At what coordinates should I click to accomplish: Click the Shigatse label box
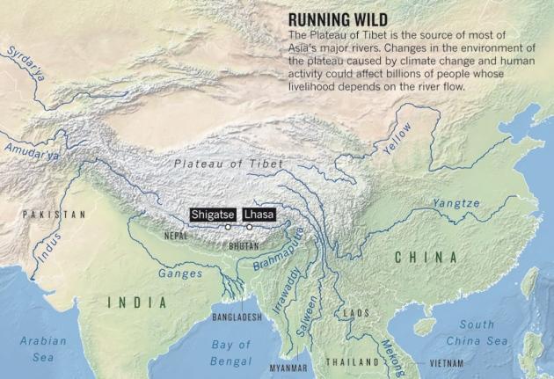point(213,214)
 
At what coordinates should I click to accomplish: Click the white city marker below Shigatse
point(228,227)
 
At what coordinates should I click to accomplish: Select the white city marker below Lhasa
point(249,227)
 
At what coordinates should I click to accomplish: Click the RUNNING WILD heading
point(339,18)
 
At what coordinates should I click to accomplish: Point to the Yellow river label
point(397,139)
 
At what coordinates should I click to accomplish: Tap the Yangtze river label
point(456,203)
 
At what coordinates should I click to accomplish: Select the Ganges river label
point(179,273)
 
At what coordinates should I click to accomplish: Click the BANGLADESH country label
point(237,317)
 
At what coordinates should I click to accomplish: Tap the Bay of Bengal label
point(231,353)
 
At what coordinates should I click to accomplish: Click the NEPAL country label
point(176,236)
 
